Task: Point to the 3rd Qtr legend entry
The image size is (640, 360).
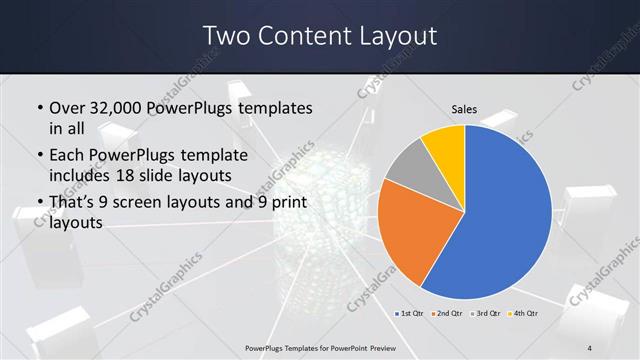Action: [x=487, y=314]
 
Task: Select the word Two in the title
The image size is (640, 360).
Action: [x=227, y=36]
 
